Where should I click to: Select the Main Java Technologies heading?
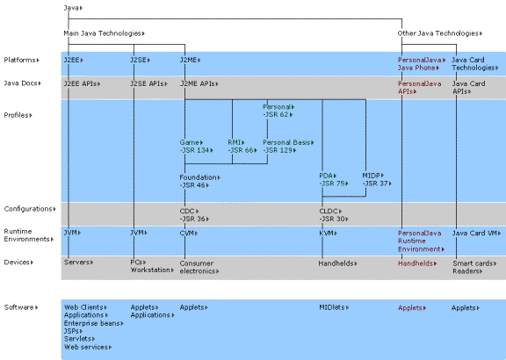(x=102, y=33)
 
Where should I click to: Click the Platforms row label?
(x=20, y=60)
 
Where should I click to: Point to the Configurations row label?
(x=28, y=209)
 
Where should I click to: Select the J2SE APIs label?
(x=147, y=83)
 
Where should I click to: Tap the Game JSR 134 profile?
(x=194, y=146)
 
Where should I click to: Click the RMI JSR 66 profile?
(x=241, y=146)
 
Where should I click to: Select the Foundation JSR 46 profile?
(x=199, y=182)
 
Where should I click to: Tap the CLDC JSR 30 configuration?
(x=333, y=214)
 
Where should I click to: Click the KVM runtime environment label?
(x=328, y=233)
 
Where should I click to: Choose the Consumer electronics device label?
(x=201, y=267)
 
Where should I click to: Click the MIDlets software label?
(x=335, y=307)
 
